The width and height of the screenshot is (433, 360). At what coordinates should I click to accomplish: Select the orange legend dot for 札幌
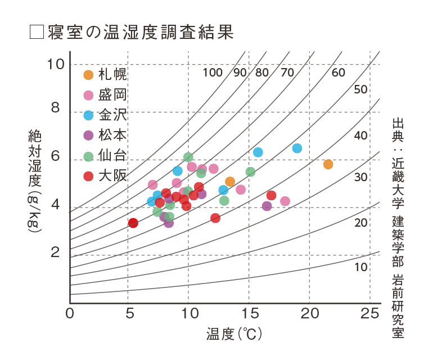[x=88, y=74]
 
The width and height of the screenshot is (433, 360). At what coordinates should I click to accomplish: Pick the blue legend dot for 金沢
[x=88, y=115]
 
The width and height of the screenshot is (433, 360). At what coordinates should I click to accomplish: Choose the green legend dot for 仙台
[x=88, y=156]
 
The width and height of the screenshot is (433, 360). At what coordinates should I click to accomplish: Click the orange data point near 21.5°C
[x=328, y=164]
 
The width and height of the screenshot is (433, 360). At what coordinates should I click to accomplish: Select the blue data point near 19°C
[x=297, y=148]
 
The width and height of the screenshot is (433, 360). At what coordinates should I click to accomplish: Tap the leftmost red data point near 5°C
[x=133, y=223]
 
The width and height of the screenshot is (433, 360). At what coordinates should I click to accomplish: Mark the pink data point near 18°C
[x=285, y=201]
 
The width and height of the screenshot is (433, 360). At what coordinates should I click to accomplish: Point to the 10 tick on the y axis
[x=57, y=64]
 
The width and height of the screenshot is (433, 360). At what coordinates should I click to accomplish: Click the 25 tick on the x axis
[x=369, y=313]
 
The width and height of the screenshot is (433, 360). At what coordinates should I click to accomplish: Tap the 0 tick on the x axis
[x=70, y=313]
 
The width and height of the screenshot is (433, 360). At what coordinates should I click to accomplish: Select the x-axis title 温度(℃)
[x=234, y=334]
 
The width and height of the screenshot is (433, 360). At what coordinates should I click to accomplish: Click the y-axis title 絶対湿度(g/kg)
[x=34, y=179]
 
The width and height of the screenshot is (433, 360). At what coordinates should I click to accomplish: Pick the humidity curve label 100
[x=213, y=73]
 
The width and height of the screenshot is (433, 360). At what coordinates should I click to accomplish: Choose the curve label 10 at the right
[x=361, y=267]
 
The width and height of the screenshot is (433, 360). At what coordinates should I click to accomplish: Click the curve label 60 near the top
[x=338, y=73]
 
